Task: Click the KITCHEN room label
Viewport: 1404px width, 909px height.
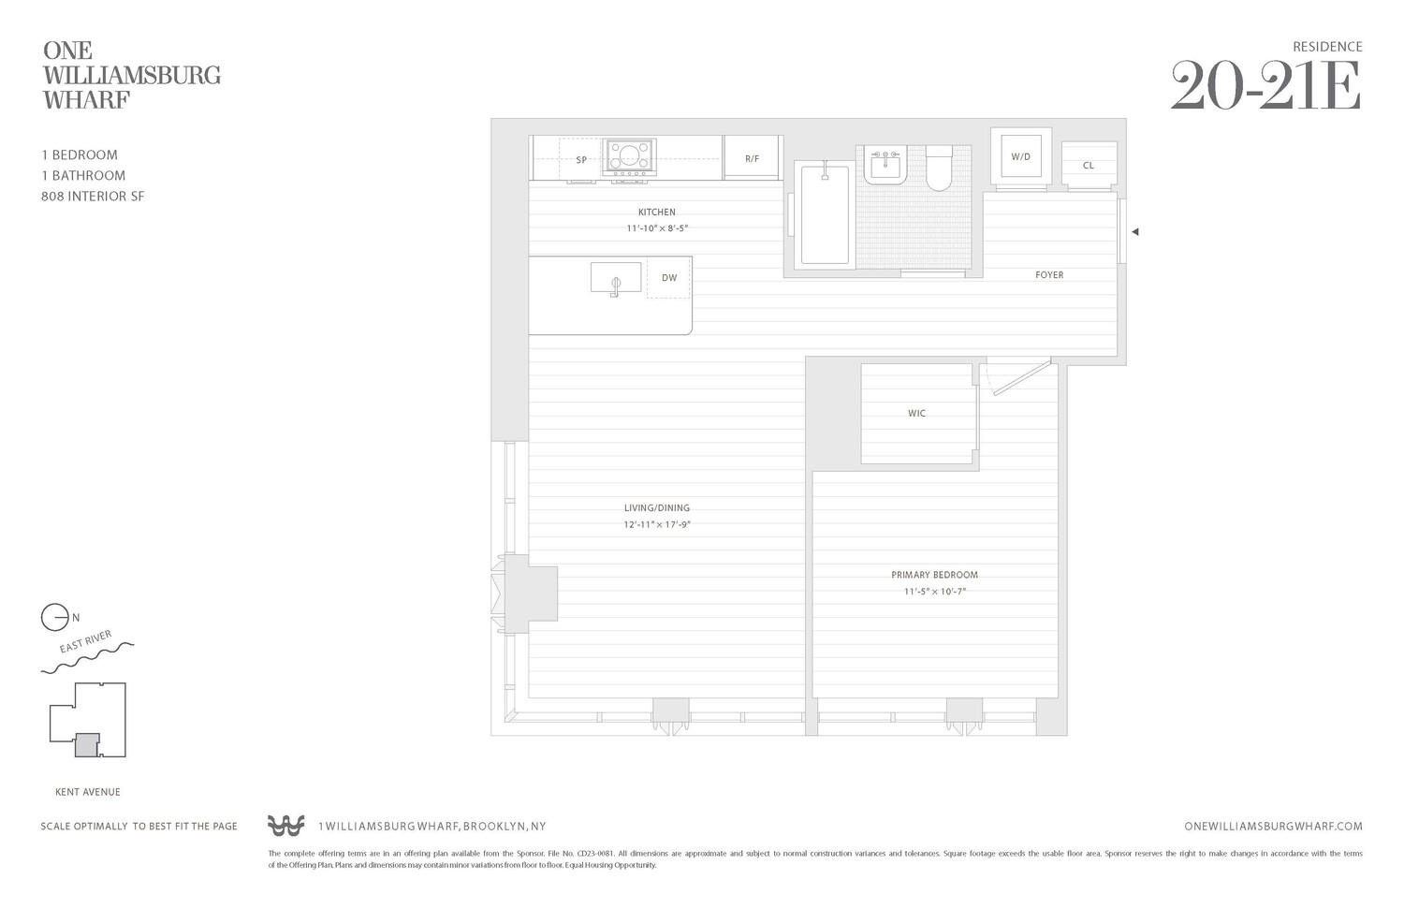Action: (656, 213)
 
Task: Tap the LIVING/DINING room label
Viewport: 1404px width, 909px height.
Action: (656, 508)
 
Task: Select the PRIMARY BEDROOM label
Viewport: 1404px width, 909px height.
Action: (934, 575)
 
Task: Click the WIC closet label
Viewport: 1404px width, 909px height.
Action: (916, 413)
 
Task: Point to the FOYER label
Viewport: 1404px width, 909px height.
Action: (1048, 275)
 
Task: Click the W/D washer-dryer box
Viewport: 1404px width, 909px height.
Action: (1020, 156)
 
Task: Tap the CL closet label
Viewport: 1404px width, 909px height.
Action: (1088, 166)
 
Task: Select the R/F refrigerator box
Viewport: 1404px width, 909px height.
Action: (752, 159)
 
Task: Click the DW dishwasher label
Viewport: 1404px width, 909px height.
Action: (668, 278)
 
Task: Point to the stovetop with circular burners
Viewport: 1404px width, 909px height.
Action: (629, 154)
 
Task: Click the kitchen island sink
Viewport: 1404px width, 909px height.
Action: (616, 278)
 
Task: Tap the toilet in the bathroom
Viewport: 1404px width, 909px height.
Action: (939, 169)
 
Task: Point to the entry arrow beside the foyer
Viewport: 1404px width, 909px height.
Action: (1134, 232)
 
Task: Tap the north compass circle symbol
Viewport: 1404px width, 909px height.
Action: (54, 618)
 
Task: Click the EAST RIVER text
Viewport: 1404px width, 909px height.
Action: (85, 642)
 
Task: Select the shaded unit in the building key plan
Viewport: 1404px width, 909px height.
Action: (86, 744)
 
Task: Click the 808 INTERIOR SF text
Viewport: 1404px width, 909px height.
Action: (93, 197)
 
